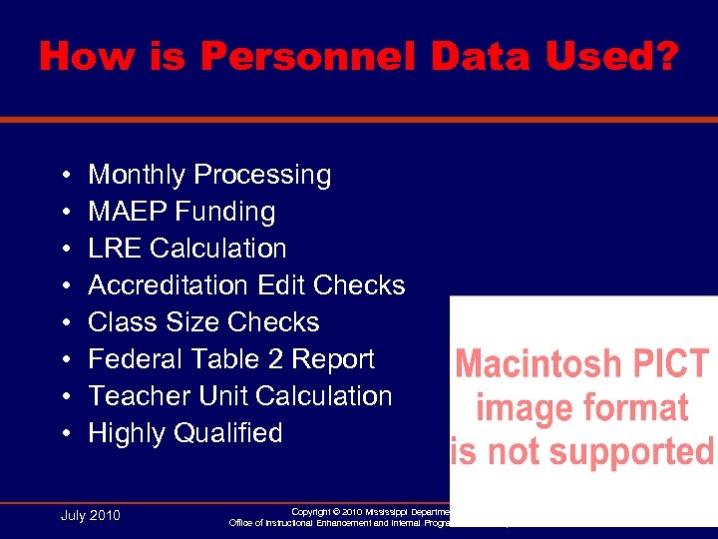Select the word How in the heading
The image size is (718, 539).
coord(83,57)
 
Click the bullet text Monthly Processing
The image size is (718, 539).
coord(209,175)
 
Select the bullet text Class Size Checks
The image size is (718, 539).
coord(203,322)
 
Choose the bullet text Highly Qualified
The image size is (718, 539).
coord(185,433)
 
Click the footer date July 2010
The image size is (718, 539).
coord(91,515)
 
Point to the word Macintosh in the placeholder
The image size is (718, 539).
coord(538,363)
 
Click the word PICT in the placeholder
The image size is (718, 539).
coord(674,363)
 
